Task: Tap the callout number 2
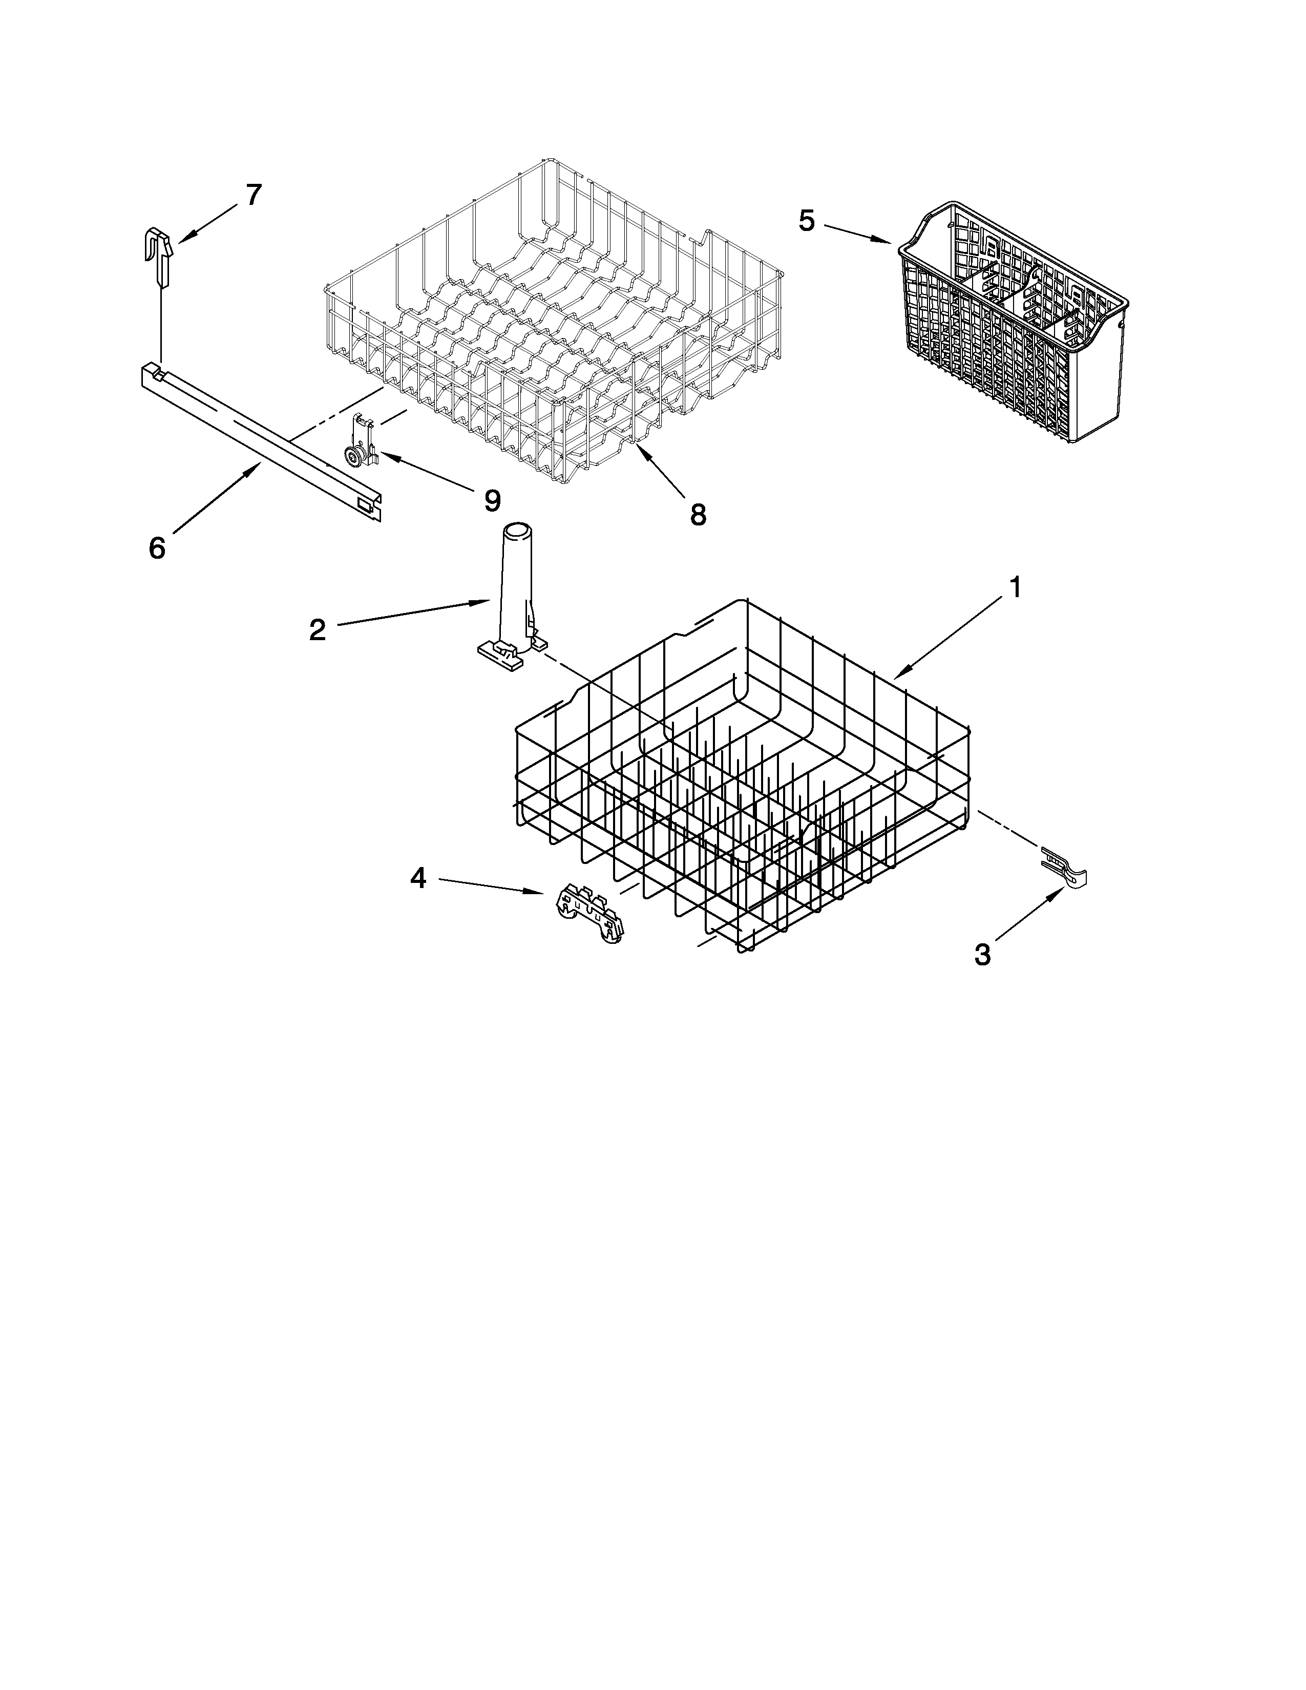pyautogui.click(x=317, y=630)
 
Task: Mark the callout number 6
pyautogui.click(x=157, y=548)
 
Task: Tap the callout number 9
pyautogui.click(x=492, y=501)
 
